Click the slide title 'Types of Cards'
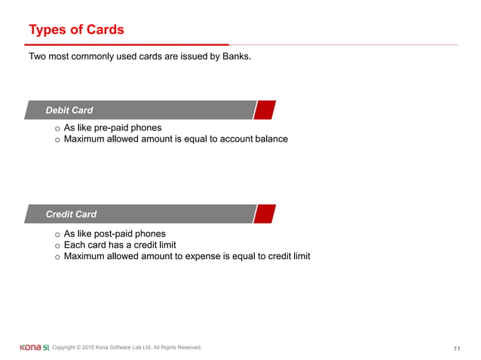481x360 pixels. [76, 30]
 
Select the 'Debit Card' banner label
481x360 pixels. [69, 111]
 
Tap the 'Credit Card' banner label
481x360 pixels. [71, 214]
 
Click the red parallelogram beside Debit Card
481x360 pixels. [264, 110]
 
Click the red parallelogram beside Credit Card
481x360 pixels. [264, 214]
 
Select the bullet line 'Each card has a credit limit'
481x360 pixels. [120, 245]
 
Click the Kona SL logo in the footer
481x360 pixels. [35, 347]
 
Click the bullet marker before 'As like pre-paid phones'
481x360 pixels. [57, 129]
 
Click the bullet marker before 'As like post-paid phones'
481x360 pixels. [57, 234]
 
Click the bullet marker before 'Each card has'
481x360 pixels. [57, 246]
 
